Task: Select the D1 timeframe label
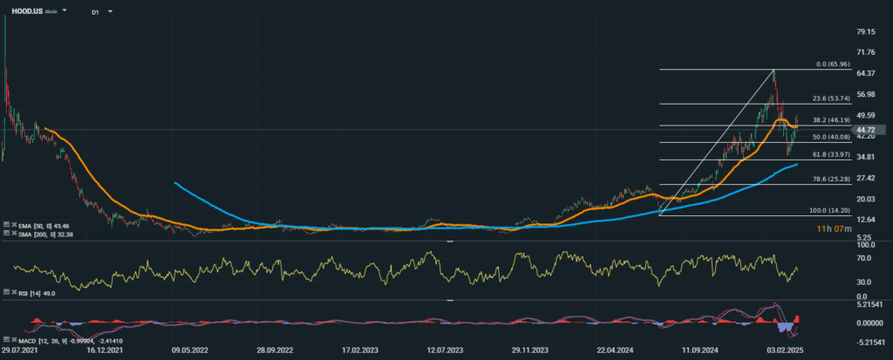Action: click(x=94, y=13)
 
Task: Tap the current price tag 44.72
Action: click(x=869, y=130)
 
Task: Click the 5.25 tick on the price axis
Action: click(x=862, y=238)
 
